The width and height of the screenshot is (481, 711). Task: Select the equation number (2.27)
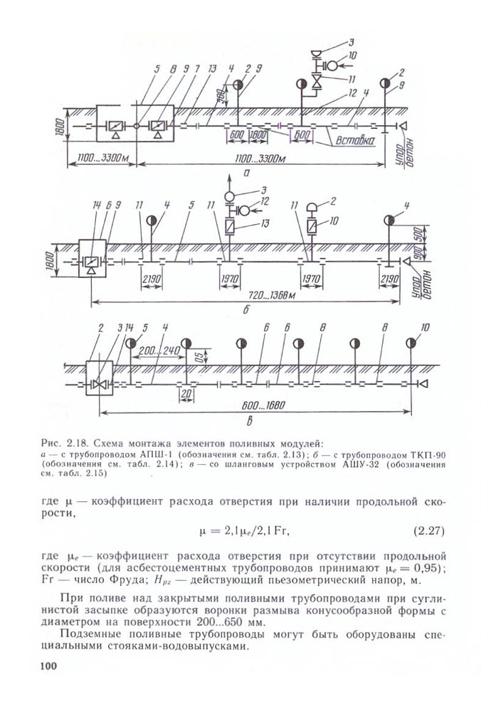tap(428, 530)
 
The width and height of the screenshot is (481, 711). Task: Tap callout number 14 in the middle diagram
tap(97, 205)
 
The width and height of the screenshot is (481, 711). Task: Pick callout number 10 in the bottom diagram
tap(425, 328)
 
